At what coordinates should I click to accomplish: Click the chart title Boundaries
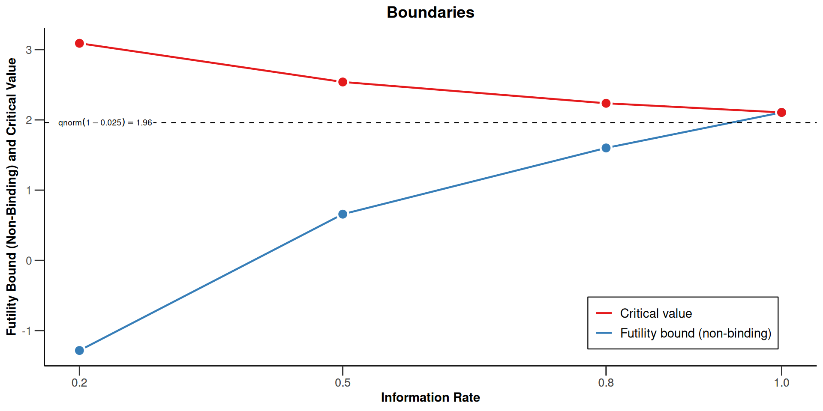click(x=430, y=12)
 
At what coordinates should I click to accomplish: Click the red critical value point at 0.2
click(x=79, y=43)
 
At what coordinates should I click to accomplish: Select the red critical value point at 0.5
click(x=342, y=82)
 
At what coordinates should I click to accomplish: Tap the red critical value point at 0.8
click(x=606, y=103)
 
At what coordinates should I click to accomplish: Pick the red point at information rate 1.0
click(x=781, y=112)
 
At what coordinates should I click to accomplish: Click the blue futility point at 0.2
click(x=79, y=350)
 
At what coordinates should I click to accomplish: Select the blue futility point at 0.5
click(x=342, y=214)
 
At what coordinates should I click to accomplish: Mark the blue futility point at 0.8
click(x=606, y=148)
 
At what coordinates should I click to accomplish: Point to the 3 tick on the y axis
click(x=29, y=50)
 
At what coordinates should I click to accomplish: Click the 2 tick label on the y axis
click(x=29, y=120)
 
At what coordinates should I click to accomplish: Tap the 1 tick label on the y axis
click(x=29, y=191)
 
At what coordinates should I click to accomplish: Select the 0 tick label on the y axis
click(x=29, y=261)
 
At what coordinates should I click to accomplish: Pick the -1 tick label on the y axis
click(x=27, y=331)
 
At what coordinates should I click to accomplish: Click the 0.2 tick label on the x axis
click(x=79, y=382)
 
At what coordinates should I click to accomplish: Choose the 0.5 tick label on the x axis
click(x=342, y=382)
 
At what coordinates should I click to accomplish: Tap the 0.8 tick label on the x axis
click(x=606, y=382)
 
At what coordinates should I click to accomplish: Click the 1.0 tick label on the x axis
click(x=781, y=382)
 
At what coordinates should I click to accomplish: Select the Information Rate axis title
click(x=430, y=397)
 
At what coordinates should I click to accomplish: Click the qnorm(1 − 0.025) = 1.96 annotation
click(x=105, y=123)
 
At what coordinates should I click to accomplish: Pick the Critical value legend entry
click(x=655, y=313)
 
